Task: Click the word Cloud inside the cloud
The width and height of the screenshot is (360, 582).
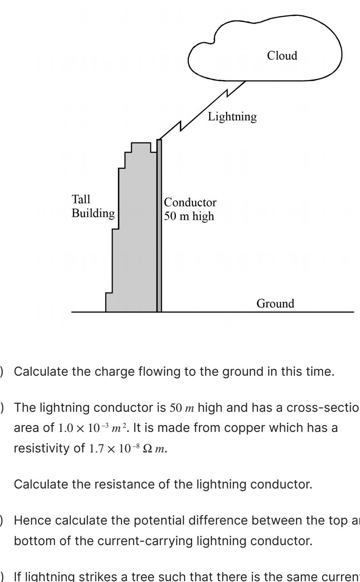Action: click(282, 56)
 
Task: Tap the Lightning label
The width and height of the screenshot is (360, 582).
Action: click(232, 117)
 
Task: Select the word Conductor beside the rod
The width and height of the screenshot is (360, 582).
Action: click(190, 203)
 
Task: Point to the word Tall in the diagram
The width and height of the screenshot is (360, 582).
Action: click(81, 199)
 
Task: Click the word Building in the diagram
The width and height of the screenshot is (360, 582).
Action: click(93, 213)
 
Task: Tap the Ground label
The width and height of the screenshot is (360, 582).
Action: click(275, 303)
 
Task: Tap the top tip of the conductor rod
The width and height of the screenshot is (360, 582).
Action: click(159, 140)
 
